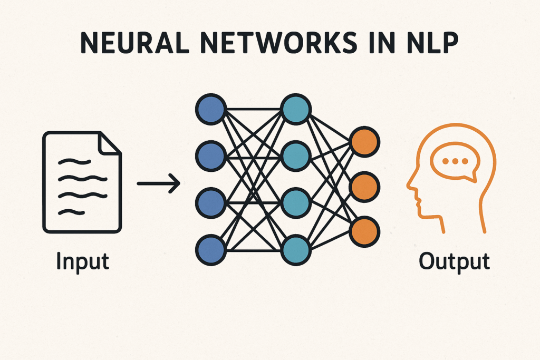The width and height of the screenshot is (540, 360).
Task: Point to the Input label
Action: coord(83,261)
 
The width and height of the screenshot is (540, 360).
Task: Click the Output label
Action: coord(455,261)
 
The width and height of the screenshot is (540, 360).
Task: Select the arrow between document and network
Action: coord(158,183)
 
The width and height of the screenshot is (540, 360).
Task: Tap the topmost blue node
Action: coord(210,109)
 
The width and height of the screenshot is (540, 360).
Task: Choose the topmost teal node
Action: coord(295,109)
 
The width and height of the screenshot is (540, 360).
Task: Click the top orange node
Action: coord(364,141)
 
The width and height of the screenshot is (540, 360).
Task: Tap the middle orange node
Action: coord(364,186)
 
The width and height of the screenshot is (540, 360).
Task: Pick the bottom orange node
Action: coord(364,231)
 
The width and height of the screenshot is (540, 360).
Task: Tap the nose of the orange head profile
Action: coord(410,186)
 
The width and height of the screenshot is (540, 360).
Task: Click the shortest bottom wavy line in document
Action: coord(71,212)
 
